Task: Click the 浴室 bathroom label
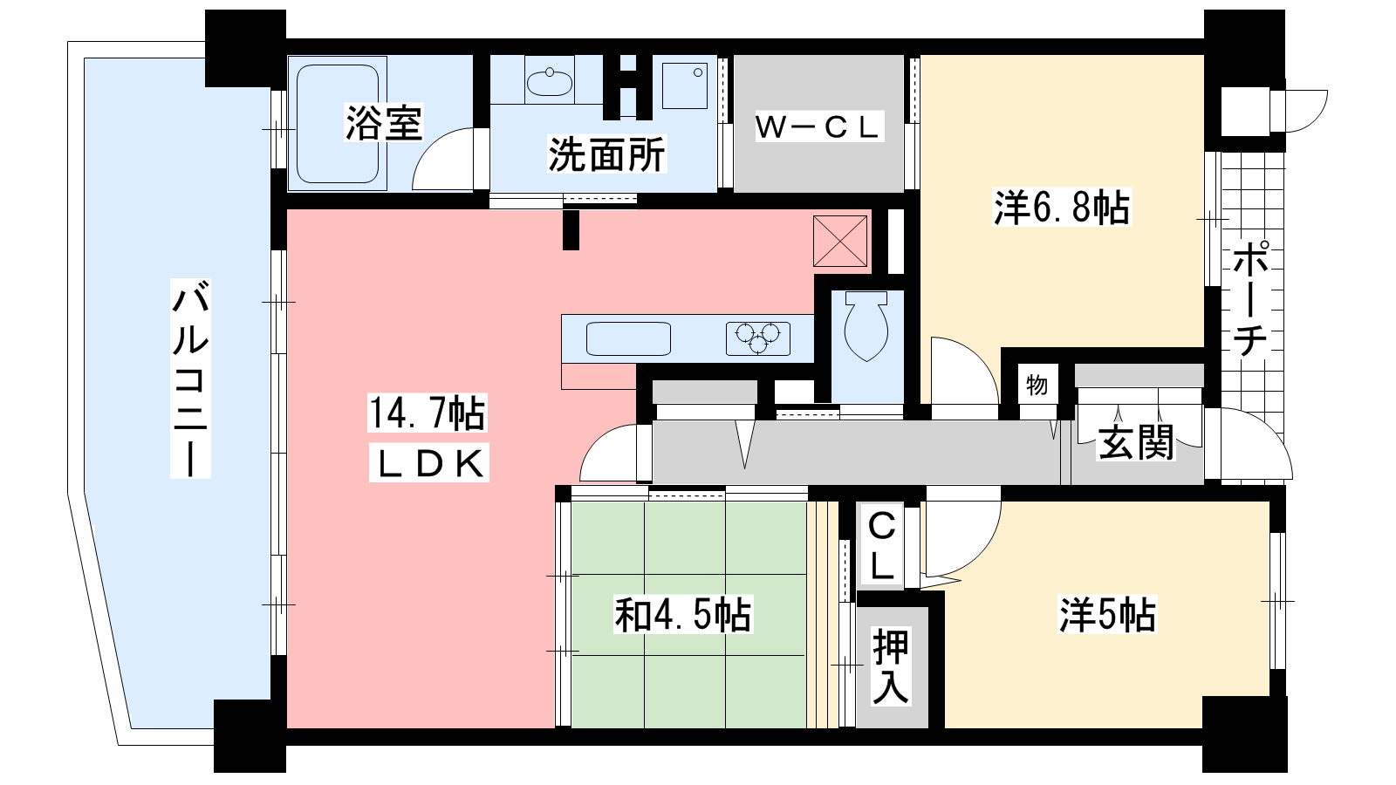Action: click(x=384, y=123)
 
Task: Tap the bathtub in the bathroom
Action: click(x=337, y=123)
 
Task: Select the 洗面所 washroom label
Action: click(x=606, y=154)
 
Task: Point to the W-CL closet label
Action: click(x=819, y=127)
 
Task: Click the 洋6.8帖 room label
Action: click(x=1061, y=208)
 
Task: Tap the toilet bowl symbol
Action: click(x=866, y=327)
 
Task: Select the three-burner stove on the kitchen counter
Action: click(x=758, y=338)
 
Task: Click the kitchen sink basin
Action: click(x=628, y=338)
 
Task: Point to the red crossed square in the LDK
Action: click(x=840, y=241)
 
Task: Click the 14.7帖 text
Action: click(x=427, y=413)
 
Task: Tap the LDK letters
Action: click(x=429, y=463)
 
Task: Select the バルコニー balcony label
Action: click(x=190, y=379)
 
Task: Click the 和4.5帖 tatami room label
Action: click(x=683, y=614)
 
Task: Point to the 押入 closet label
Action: click(x=890, y=666)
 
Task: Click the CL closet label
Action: click(x=881, y=546)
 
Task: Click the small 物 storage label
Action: click(x=1037, y=386)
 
